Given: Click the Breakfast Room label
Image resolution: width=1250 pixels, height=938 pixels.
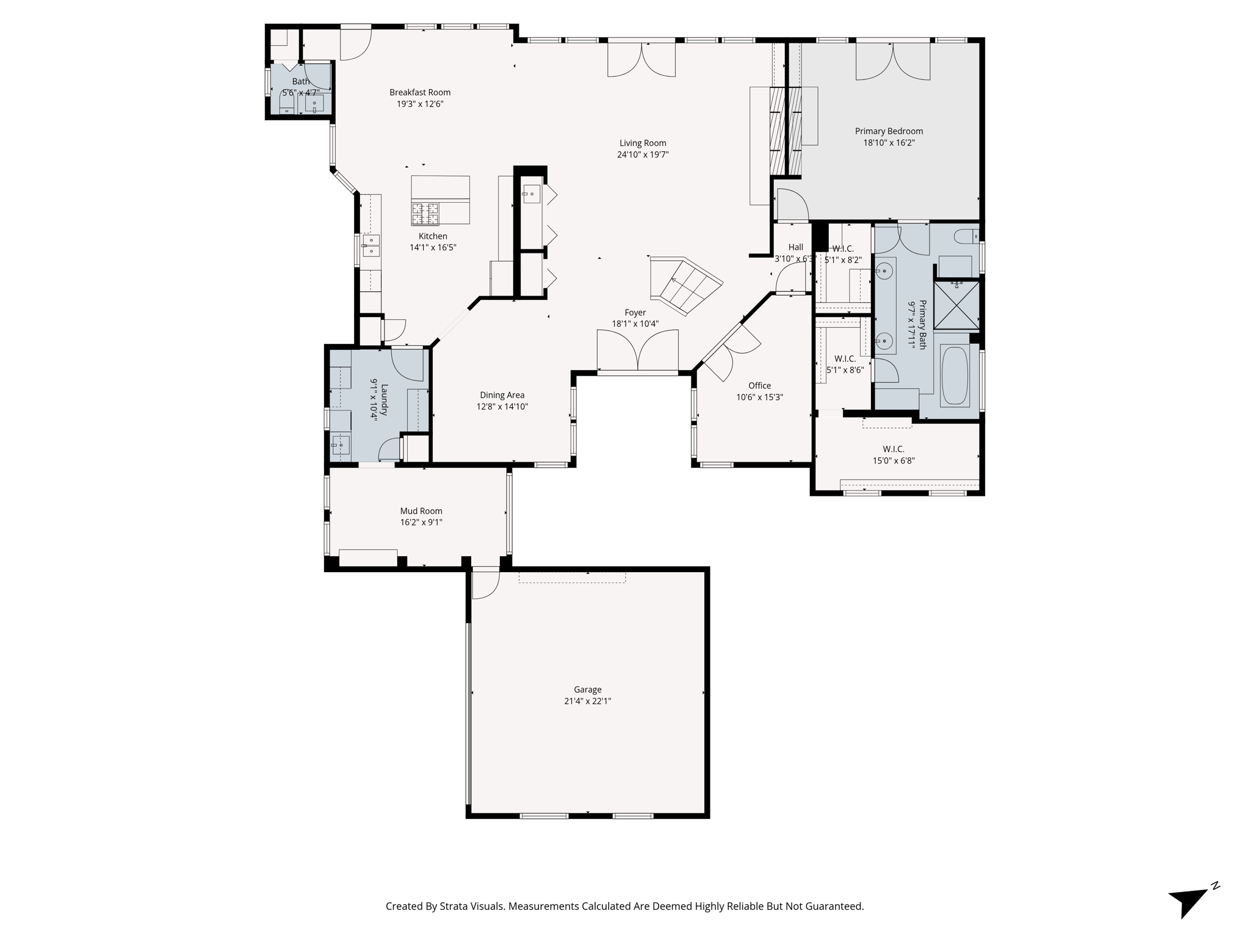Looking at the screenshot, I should coord(420,92).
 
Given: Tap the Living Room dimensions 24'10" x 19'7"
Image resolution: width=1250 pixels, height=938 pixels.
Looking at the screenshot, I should coord(643,155).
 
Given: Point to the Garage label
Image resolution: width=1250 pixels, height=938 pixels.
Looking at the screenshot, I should coord(587,689).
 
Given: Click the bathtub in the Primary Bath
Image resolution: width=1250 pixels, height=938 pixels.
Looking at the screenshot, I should coord(955,376).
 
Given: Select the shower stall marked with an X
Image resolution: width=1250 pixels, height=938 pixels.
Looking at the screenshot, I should coord(956,305).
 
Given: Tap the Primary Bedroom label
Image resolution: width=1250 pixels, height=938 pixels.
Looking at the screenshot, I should coord(889,131).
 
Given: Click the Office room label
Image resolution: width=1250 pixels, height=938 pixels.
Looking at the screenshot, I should coord(759,385).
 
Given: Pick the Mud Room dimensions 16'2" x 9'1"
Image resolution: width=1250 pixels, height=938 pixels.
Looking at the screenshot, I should coord(421,523).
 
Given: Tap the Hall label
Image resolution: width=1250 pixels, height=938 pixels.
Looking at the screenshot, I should coord(795,247).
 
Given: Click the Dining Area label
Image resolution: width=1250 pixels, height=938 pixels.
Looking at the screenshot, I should coord(502,395).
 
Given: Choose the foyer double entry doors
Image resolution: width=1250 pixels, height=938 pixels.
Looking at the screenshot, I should coord(637,351).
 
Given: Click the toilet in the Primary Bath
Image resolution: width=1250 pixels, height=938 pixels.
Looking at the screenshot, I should coord(967,236).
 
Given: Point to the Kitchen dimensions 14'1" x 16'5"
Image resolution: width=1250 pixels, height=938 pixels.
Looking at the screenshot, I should coord(433,248).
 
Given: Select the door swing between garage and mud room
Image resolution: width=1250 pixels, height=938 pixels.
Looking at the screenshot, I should coord(485,583).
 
